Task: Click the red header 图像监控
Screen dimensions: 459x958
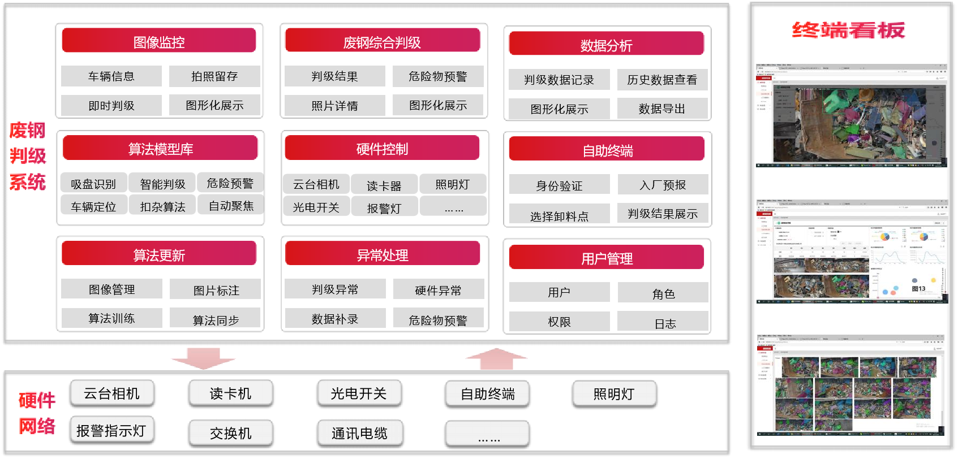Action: [159, 41]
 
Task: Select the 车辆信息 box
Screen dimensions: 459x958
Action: [111, 76]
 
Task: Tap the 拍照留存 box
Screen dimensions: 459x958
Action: [214, 76]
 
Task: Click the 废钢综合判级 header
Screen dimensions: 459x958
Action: [382, 41]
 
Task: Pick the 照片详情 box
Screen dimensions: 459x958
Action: [334, 106]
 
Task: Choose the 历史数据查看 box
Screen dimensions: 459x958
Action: [662, 80]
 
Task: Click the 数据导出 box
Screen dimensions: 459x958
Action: [662, 109]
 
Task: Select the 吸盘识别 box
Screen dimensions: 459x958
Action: [93, 184]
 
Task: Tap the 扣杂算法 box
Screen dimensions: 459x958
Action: [162, 206]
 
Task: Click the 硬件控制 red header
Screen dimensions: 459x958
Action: [382, 149]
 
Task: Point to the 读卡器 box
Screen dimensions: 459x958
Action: [384, 185]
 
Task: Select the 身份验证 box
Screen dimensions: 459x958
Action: [559, 185]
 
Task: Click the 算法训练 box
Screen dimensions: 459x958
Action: [111, 318]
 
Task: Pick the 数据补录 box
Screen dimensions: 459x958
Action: [335, 319]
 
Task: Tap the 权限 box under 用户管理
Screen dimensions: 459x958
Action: [559, 322]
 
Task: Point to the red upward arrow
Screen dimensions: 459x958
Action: [496, 359]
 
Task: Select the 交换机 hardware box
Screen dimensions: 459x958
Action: [231, 433]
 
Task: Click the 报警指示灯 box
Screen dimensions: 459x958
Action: [111, 430]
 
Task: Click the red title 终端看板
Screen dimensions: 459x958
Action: [848, 30]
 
